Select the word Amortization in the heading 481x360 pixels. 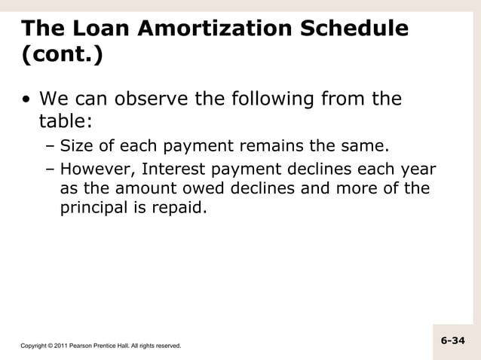tap(215, 29)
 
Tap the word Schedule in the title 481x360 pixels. tap(355, 29)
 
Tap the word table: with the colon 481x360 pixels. tap(66, 121)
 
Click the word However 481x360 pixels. tap(93, 168)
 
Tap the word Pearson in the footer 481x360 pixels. tap(83, 346)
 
